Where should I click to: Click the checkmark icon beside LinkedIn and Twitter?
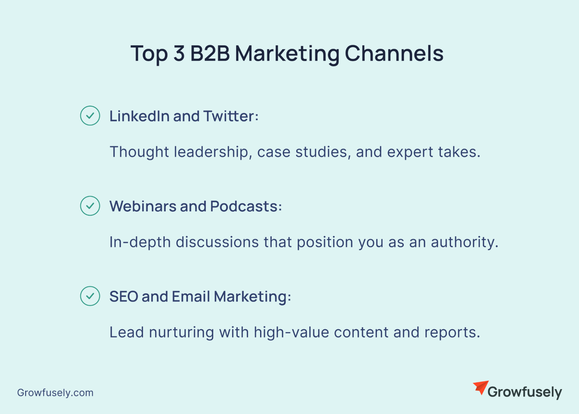click(90, 116)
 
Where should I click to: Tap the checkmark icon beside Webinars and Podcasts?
click(90, 206)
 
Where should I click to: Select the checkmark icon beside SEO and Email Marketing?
click(90, 296)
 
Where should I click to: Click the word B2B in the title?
click(210, 53)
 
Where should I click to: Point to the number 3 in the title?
click(179, 53)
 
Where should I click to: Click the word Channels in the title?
click(394, 53)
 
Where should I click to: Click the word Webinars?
click(143, 206)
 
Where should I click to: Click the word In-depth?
click(140, 242)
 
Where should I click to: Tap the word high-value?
click(291, 332)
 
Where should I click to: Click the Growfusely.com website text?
click(55, 393)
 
